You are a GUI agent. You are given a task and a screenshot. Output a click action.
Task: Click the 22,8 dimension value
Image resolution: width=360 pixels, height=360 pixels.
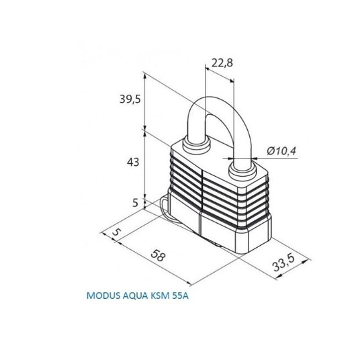[222, 62]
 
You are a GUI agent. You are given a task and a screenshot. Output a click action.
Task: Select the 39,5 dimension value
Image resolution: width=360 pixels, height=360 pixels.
[130, 99]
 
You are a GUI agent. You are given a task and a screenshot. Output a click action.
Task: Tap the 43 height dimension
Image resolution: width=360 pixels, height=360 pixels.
[133, 162]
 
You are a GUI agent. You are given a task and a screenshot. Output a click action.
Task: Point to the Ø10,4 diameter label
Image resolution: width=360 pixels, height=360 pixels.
[281, 151]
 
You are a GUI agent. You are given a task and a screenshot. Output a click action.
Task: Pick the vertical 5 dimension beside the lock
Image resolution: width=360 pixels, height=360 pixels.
[136, 203]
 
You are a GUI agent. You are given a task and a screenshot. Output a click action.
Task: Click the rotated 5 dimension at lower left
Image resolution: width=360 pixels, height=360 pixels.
[116, 232]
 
